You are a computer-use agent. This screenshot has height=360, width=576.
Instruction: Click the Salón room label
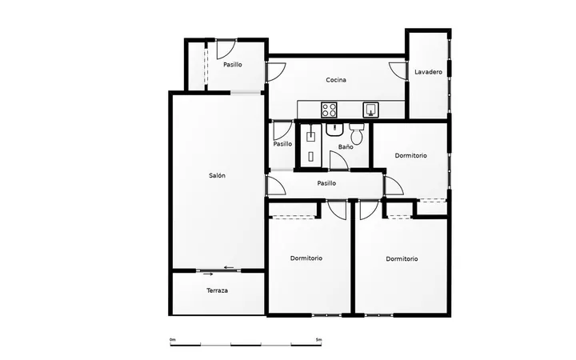click(217, 175)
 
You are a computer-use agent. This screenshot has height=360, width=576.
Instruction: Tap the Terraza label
click(217, 290)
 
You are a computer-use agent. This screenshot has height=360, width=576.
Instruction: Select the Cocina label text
click(336, 80)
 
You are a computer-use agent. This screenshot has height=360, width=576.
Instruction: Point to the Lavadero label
click(428, 72)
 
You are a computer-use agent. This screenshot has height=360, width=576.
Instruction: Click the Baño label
click(346, 147)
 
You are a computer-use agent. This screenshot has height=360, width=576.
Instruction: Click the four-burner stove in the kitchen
click(329, 110)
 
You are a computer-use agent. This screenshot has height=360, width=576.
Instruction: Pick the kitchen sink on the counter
click(371, 110)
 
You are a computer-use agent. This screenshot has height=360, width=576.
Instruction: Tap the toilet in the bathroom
click(356, 134)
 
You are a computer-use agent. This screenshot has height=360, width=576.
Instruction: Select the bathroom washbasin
click(334, 130)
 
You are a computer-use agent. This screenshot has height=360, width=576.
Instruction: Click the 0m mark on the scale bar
click(172, 340)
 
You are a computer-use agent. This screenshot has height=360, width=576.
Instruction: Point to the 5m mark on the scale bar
click(318, 340)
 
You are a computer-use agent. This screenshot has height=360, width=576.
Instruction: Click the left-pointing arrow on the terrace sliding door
click(229, 267)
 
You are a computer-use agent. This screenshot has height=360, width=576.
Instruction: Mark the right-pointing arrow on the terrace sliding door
click(209, 274)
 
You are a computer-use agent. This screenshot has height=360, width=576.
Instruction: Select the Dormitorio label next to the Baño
click(410, 156)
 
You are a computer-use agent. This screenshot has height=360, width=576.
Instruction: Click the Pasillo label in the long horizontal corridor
click(326, 183)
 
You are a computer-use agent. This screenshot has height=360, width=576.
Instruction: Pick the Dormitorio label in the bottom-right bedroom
click(402, 259)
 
